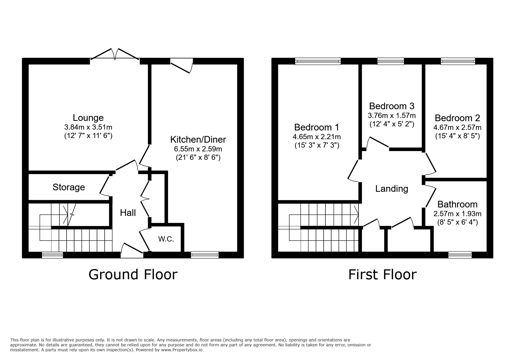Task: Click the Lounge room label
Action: [88, 118]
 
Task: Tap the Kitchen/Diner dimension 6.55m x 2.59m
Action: [198, 149]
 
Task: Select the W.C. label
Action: [166, 239]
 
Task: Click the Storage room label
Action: [69, 187]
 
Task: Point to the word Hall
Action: [128, 213]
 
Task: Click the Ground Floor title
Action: [133, 275]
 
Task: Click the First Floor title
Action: [382, 275]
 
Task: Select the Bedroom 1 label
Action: [317, 127]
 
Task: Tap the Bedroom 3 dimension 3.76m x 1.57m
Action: [392, 116]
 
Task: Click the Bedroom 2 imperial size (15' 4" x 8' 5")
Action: [457, 136]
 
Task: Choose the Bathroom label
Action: [457, 204]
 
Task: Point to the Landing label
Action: [392, 189]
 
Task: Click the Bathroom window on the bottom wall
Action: [460, 255]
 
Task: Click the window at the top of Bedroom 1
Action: [318, 61]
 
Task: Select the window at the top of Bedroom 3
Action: [391, 61]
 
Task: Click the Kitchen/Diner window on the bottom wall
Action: [205, 255]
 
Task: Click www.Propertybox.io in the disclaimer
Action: [182, 350]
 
